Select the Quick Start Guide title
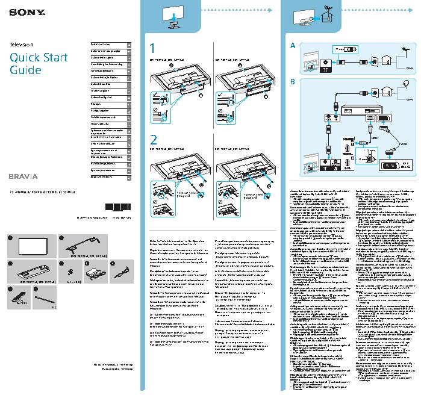[34, 64]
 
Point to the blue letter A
[293, 45]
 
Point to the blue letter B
[293, 82]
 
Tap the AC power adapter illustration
[93, 273]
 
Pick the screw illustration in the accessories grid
[70, 272]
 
